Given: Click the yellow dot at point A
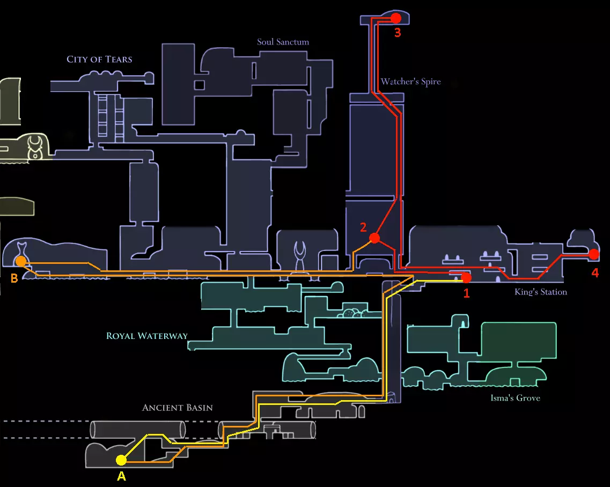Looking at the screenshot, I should pyautogui.click(x=121, y=460).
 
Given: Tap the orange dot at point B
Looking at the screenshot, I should pyautogui.click(x=20, y=261).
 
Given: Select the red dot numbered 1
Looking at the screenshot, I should pyautogui.click(x=466, y=278).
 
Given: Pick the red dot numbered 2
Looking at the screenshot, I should pyautogui.click(x=374, y=238).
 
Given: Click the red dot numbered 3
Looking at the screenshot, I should pyautogui.click(x=396, y=18).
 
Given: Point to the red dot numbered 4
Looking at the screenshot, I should pyautogui.click(x=594, y=254).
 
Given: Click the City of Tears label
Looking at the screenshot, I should pyautogui.click(x=99, y=59).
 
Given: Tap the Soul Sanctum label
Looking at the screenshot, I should pyautogui.click(x=283, y=42).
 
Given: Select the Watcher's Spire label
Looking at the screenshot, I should pyautogui.click(x=410, y=82).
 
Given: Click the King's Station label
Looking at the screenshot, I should pyautogui.click(x=540, y=292).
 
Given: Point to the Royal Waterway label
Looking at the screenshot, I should pyautogui.click(x=147, y=336).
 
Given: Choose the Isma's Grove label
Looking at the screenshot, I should pyautogui.click(x=515, y=398).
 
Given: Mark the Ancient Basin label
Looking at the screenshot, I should pyautogui.click(x=177, y=408).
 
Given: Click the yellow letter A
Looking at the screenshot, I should pyautogui.click(x=121, y=476).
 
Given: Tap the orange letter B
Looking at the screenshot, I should pyautogui.click(x=14, y=278).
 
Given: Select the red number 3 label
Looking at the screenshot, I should pyautogui.click(x=397, y=33).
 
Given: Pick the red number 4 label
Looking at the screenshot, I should pyautogui.click(x=594, y=273).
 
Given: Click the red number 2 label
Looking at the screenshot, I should pyautogui.click(x=363, y=227).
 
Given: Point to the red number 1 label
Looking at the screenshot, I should pyautogui.click(x=466, y=293).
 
